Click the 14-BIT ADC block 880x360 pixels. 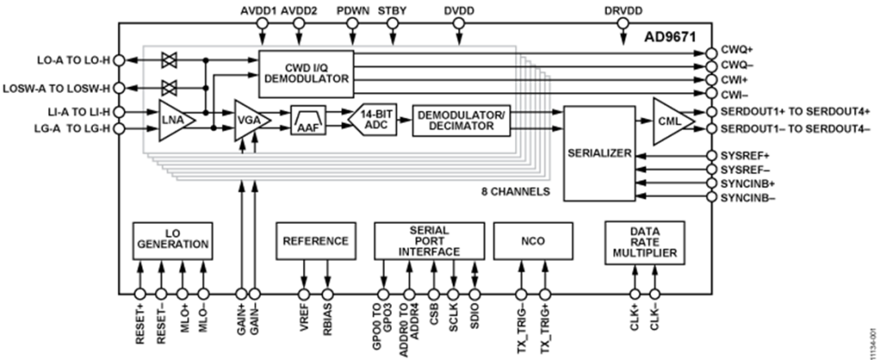(x=373, y=121)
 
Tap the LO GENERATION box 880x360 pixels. (x=172, y=239)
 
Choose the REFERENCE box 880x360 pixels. (x=315, y=241)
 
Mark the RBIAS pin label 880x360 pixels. (x=328, y=329)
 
